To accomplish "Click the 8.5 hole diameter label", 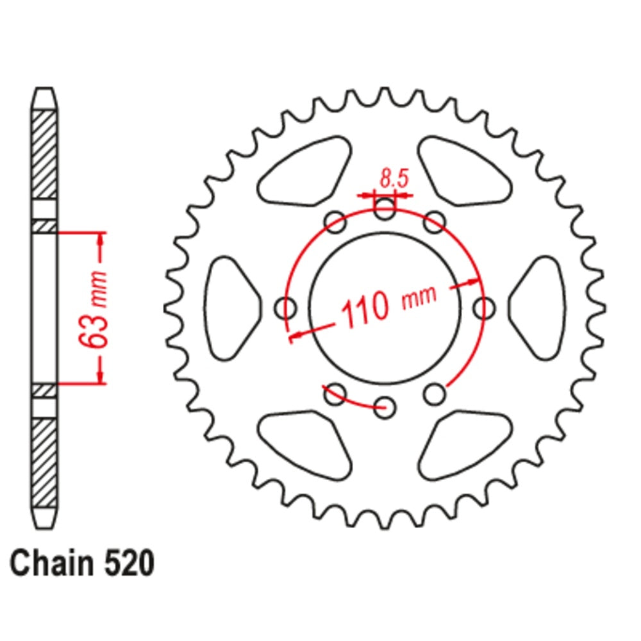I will tap(394, 178).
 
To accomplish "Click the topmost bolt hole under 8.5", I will tap(385, 206).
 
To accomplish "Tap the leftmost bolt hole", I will tap(285, 308).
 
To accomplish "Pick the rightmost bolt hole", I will tap(485, 308).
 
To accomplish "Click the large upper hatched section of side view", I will tap(44, 154).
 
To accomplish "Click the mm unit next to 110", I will tap(419, 297).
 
